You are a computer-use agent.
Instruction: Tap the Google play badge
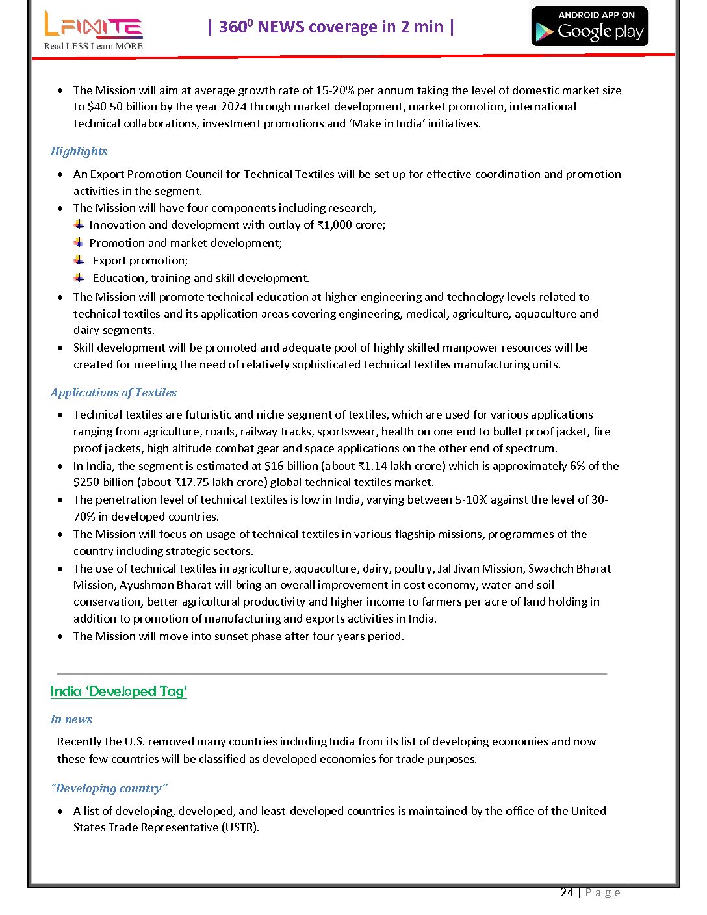click(590, 27)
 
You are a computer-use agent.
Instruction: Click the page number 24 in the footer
click(567, 892)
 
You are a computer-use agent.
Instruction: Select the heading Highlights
click(79, 151)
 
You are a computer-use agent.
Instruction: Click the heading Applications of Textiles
click(113, 393)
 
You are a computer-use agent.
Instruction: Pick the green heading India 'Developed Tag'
click(118, 691)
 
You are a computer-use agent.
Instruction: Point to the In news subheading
click(71, 719)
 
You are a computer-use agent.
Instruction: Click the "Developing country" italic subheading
click(109, 788)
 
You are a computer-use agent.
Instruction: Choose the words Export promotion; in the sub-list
click(140, 261)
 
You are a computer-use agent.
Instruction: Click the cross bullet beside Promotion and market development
click(79, 242)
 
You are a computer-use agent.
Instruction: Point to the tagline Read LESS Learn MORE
click(93, 46)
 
